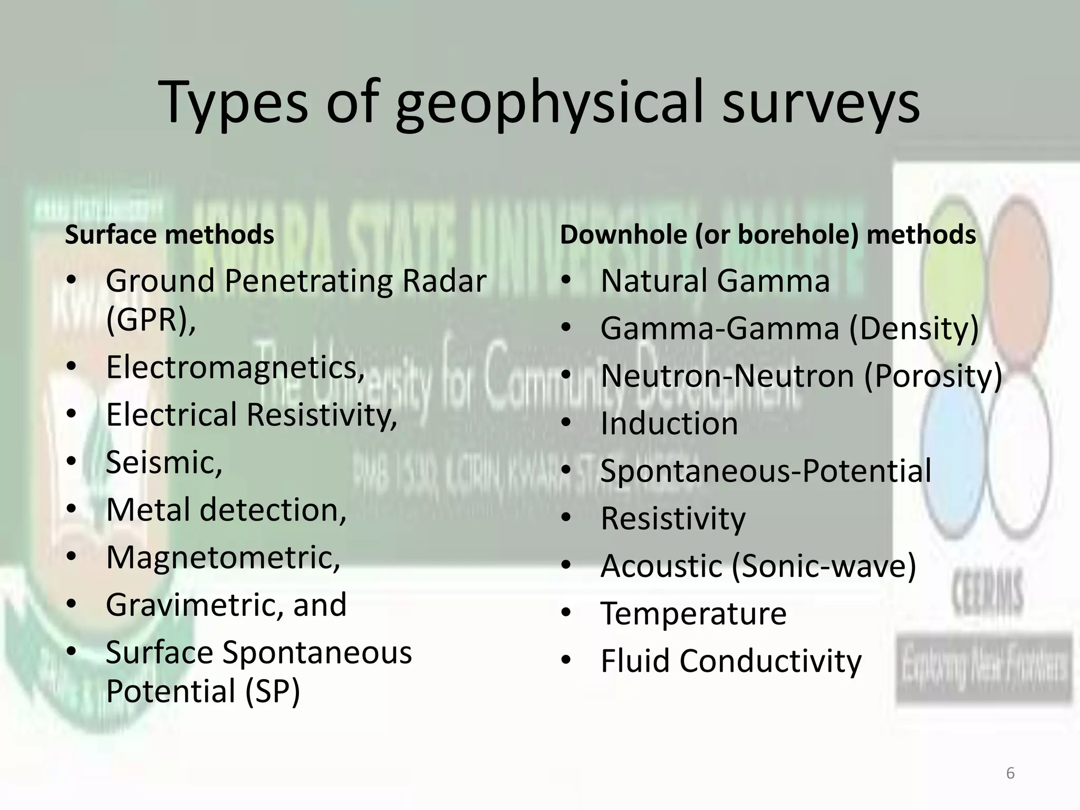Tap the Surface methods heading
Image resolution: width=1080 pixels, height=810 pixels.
[x=169, y=235]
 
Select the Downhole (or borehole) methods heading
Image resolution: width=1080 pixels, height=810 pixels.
[x=768, y=235]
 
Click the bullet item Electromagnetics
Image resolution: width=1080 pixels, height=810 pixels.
[x=235, y=367]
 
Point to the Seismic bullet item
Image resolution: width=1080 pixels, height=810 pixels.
[x=164, y=462]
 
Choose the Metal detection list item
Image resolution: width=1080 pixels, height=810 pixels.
[x=226, y=510]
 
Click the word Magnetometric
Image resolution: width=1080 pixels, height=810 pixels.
[x=223, y=557]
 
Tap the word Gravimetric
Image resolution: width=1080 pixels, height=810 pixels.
[x=190, y=605]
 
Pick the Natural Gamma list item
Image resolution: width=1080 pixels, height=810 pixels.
[x=715, y=281]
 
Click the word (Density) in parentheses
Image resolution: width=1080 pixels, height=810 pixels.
[x=913, y=329]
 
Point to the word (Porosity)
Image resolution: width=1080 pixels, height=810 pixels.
[x=933, y=376]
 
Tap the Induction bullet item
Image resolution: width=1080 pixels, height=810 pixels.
[x=669, y=423]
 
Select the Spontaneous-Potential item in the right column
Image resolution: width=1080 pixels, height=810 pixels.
[x=766, y=471]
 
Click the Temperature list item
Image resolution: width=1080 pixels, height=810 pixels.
[x=693, y=613]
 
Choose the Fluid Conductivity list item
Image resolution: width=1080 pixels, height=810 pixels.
[x=731, y=661]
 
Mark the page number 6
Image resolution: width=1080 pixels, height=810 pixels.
[x=1010, y=774]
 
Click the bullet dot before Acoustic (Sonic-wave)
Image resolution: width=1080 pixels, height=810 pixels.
[x=566, y=566]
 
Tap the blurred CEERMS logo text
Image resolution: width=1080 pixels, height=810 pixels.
[x=986, y=593]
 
